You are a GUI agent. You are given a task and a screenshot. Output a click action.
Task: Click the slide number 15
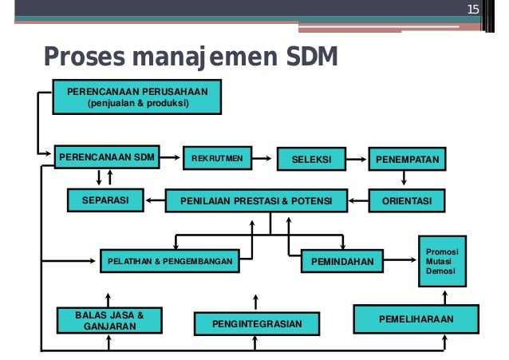[472, 10]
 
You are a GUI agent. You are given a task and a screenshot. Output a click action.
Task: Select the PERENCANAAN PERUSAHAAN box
[136, 97]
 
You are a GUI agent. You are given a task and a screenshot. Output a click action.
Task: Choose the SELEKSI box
[310, 160]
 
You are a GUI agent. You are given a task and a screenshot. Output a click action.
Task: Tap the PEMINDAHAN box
[342, 260]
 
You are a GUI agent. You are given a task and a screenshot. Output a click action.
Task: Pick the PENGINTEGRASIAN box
[257, 324]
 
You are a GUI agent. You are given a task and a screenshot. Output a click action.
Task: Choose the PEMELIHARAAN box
[416, 318]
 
